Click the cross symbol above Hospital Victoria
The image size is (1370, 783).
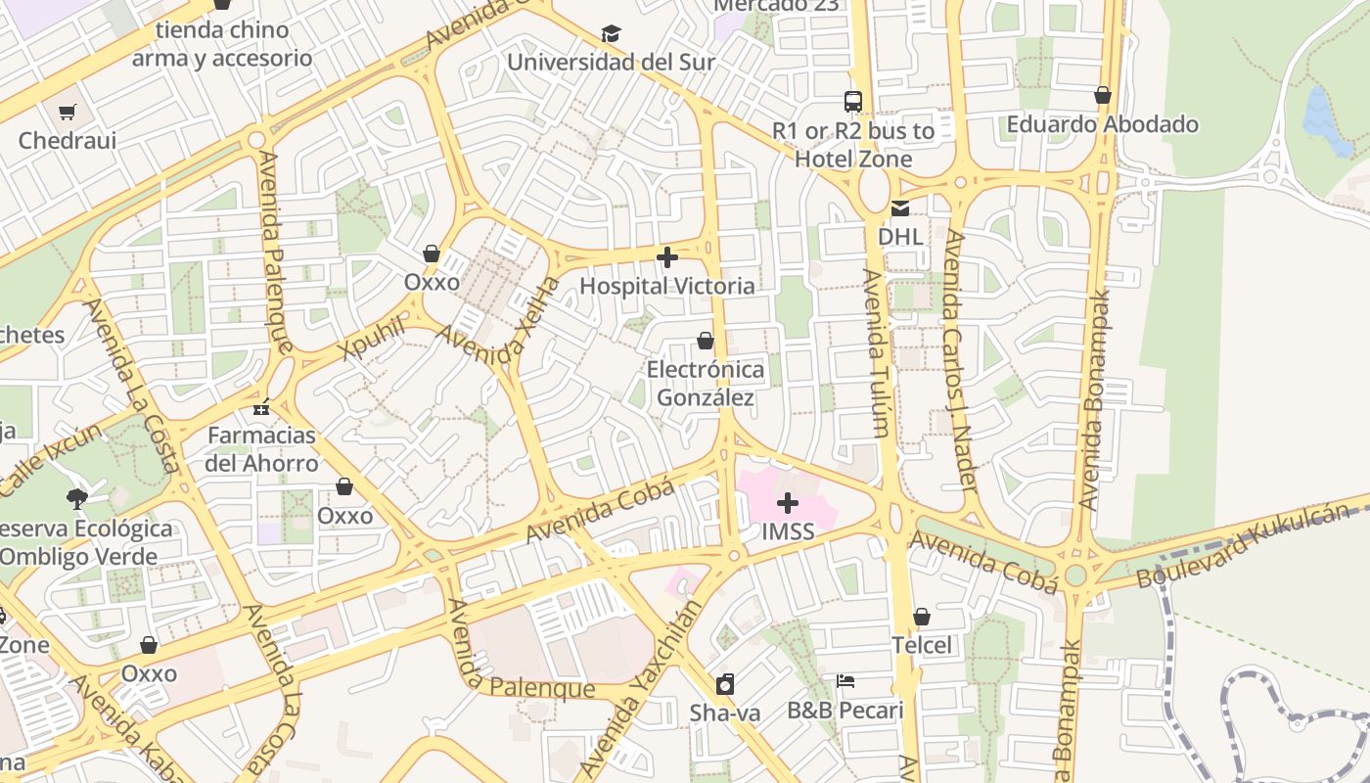(667, 258)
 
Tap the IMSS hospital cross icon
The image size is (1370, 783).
(787, 504)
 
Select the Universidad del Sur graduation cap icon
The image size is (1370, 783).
(612, 34)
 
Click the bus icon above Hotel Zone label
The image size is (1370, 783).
(853, 101)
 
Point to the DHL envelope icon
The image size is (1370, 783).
(899, 208)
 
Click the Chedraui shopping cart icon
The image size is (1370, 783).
(67, 113)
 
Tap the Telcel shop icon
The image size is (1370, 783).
(921, 617)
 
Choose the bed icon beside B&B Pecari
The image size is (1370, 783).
(845, 681)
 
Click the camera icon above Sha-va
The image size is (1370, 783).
(725, 684)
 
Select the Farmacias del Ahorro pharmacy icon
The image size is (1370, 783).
(260, 406)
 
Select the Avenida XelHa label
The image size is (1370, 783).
(498, 323)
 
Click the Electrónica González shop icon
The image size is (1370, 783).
(705, 341)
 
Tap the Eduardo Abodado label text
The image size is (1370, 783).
(1102, 124)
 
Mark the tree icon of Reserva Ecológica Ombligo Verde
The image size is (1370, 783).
(77, 499)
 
